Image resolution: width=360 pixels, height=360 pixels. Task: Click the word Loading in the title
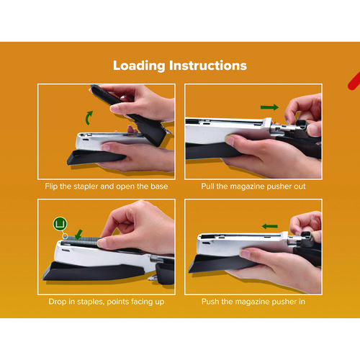tap(139, 66)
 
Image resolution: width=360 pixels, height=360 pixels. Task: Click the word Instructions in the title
tap(208, 66)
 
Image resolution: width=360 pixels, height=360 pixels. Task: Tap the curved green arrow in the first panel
tap(89, 118)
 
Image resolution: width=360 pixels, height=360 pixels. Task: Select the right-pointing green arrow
tap(269, 107)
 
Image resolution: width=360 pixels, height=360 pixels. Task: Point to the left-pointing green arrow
tap(270, 226)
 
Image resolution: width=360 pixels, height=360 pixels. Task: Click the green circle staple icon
tap(60, 224)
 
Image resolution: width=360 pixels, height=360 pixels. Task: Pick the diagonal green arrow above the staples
tap(78, 235)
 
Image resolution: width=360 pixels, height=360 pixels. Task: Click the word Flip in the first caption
tap(51, 186)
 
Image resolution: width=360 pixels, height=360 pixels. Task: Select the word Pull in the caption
tap(207, 186)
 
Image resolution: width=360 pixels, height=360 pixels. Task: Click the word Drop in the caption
tap(58, 302)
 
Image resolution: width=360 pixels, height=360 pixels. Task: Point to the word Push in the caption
tap(210, 302)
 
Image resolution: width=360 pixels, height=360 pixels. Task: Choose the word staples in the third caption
tap(91, 302)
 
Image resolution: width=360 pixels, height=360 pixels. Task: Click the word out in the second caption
tap(300, 186)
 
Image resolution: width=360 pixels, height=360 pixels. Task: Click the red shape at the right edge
tap(354, 81)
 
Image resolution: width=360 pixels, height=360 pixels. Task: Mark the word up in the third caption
tap(159, 302)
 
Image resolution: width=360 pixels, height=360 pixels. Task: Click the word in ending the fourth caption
tap(302, 302)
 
